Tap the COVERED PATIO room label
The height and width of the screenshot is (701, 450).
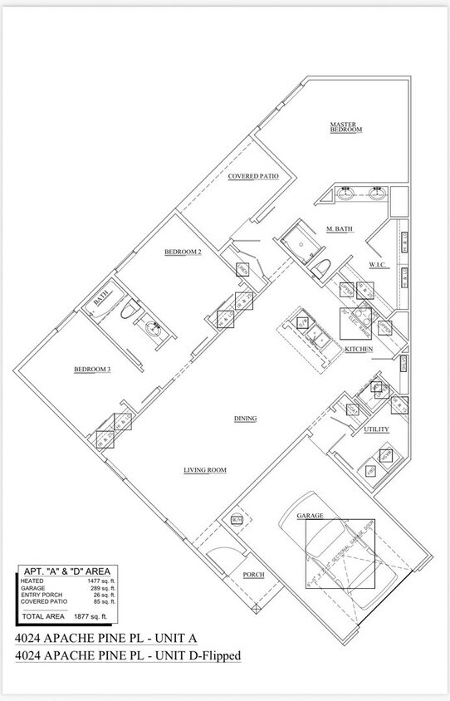point(253,176)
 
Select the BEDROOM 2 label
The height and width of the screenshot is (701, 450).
point(183,252)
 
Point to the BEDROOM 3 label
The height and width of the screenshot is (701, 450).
point(92,369)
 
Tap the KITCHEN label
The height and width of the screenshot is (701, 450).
point(359,349)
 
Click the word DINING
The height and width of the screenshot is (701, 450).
point(245,418)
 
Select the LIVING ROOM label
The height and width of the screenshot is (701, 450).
point(205,470)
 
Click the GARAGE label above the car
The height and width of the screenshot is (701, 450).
point(311,515)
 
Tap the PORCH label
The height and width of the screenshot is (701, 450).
point(253,575)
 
